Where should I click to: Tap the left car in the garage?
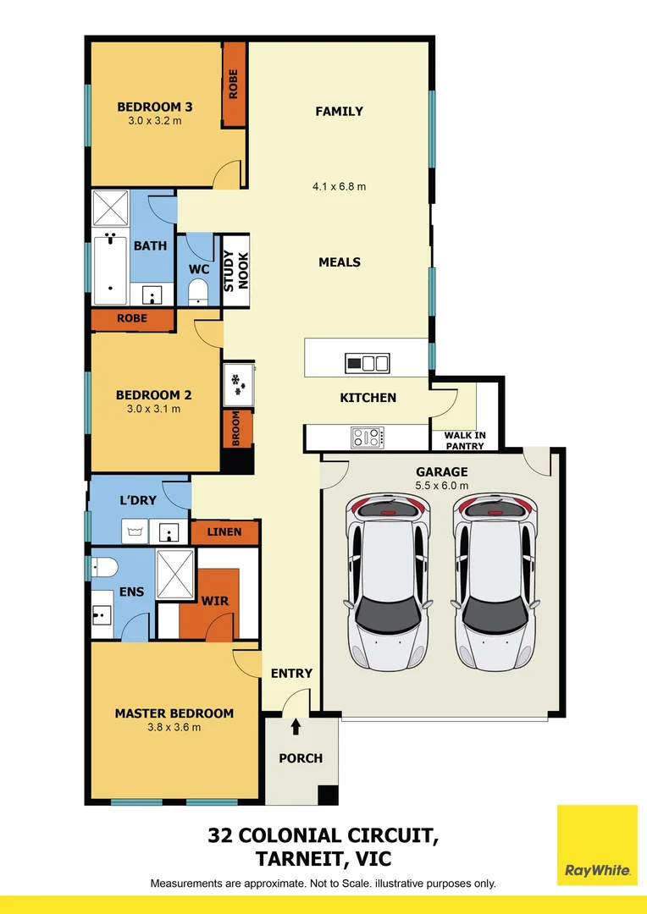click(387, 582)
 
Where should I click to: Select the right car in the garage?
click(495, 582)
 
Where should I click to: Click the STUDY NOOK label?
click(235, 272)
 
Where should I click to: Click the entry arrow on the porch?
click(296, 727)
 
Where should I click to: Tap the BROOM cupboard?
click(236, 429)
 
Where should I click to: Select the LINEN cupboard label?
click(224, 532)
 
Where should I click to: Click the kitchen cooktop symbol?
click(368, 438)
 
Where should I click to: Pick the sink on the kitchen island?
click(368, 364)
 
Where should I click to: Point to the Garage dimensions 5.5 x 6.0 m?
click(441, 485)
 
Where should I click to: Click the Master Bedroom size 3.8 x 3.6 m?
click(174, 727)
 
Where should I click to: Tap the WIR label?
click(214, 601)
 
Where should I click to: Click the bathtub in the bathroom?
click(111, 271)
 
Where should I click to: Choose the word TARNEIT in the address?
click(307, 859)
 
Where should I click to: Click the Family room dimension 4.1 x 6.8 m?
click(340, 186)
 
